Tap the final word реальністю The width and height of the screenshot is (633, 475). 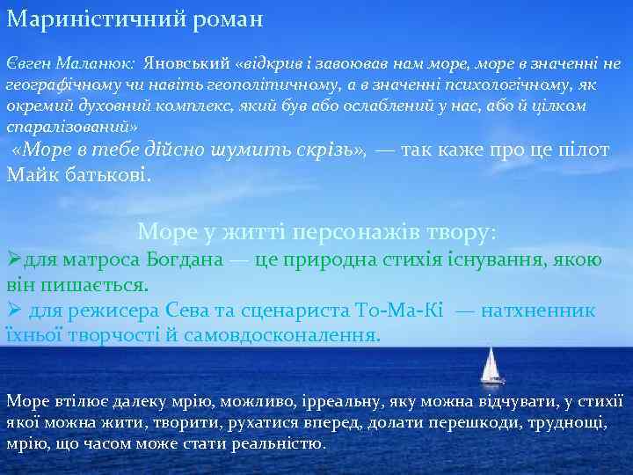(279, 442)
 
